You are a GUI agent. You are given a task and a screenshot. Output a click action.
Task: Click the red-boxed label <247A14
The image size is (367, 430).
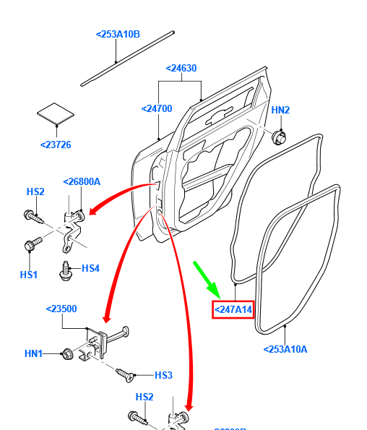click(233, 310)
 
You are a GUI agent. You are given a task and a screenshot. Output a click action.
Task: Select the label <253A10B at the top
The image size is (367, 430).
click(118, 34)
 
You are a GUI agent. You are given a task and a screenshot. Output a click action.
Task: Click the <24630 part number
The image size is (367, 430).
click(181, 69)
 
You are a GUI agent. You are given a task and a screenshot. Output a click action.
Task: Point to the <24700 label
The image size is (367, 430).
click(157, 109)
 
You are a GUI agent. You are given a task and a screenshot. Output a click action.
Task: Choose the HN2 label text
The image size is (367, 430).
click(280, 110)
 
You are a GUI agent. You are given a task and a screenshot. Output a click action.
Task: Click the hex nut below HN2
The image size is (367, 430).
click(279, 137)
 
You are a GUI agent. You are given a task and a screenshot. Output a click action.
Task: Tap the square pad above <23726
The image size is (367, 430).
click(56, 113)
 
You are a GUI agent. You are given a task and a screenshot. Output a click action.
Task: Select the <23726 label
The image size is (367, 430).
click(56, 145)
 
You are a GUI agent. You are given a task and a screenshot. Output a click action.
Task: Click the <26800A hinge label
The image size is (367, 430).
click(82, 182)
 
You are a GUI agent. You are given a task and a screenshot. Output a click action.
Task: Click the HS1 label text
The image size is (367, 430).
click(28, 275)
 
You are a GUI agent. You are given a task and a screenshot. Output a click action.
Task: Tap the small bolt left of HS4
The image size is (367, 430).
click(66, 270)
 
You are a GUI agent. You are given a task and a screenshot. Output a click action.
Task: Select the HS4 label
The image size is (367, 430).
click(90, 268)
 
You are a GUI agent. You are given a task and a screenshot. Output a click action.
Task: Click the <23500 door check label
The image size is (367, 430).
click(62, 309)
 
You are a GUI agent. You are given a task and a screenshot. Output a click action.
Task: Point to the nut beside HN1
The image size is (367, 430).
click(66, 353)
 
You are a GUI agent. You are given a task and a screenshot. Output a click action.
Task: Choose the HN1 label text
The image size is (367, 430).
click(33, 353)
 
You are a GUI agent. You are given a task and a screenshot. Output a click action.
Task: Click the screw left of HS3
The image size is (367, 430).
click(124, 375)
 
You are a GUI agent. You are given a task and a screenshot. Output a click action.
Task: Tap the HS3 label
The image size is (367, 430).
click(163, 375)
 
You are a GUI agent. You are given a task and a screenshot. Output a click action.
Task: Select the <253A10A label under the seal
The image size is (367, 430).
click(285, 349)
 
